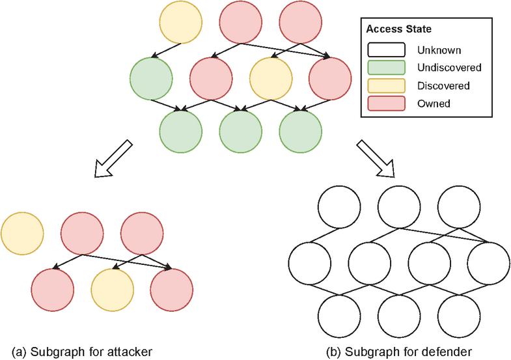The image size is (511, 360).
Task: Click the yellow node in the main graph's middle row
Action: [x=270, y=79]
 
